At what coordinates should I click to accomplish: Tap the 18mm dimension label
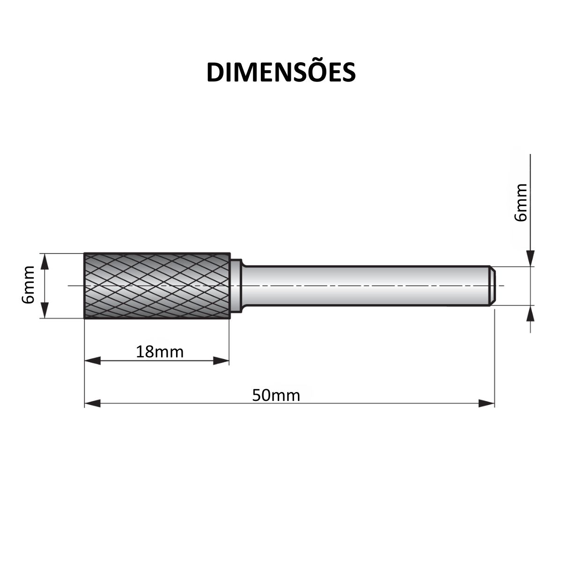pyautogui.click(x=160, y=351)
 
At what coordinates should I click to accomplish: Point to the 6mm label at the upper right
pyautogui.click(x=520, y=202)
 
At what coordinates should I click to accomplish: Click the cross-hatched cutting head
pyautogui.click(x=157, y=286)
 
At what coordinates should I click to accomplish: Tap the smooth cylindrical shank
pyautogui.click(x=365, y=286)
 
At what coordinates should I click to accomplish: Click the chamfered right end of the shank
pyautogui.click(x=492, y=286)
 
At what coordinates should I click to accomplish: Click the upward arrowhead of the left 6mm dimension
pyautogui.click(x=45, y=261)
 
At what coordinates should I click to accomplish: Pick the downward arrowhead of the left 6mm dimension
pyautogui.click(x=45, y=311)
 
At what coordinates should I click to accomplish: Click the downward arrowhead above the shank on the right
pyautogui.click(x=530, y=259)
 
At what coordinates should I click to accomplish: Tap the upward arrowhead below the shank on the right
pyautogui.click(x=530, y=314)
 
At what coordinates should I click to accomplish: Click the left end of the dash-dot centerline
pyautogui.click(x=69, y=286)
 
